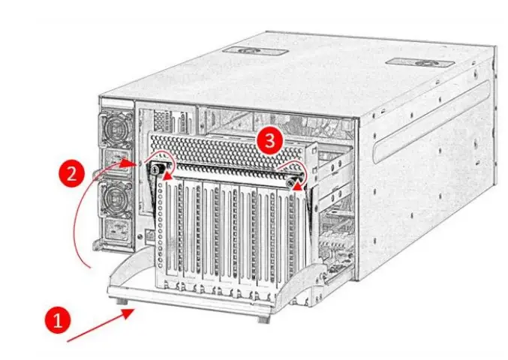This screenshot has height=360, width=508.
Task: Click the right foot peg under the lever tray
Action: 263,318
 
